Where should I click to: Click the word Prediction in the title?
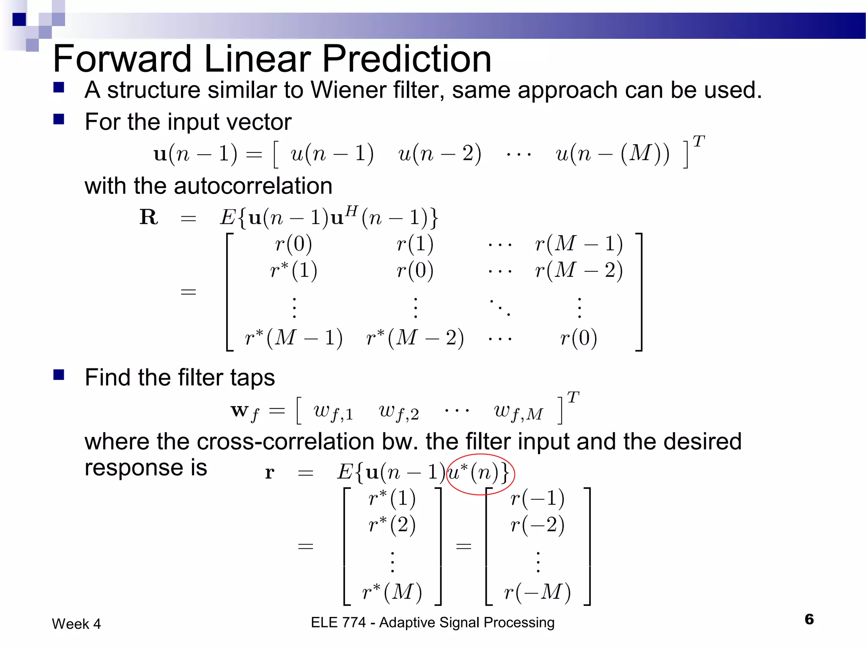[x=406, y=59]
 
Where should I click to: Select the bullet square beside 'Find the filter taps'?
[x=59, y=375]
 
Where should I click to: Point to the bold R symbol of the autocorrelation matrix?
[x=148, y=218]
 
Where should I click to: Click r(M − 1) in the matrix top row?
[x=578, y=244]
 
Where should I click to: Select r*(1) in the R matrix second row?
[x=293, y=270]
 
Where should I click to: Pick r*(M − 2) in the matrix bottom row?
[x=415, y=338]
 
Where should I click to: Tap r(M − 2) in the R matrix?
[x=578, y=270]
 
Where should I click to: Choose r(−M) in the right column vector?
[x=537, y=592]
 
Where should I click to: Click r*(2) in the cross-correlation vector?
[x=392, y=524]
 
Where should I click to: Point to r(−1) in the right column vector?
[x=537, y=499]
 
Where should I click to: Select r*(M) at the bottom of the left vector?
[x=392, y=592]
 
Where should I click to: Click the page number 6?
[x=809, y=619]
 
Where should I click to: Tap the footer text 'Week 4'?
[x=77, y=624]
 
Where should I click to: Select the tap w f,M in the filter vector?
[x=518, y=412]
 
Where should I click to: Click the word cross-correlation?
[x=285, y=442]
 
